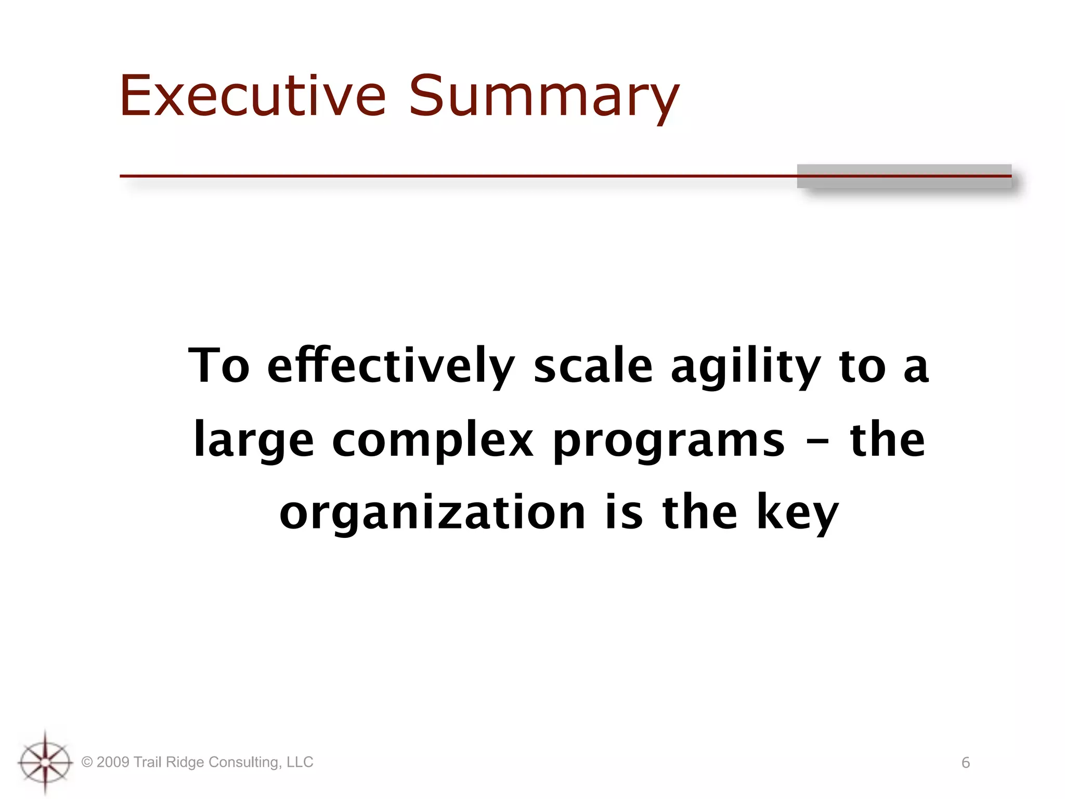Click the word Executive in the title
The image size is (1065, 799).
[x=253, y=96]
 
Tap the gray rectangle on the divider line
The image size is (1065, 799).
[x=904, y=176]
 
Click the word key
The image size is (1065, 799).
[x=797, y=513]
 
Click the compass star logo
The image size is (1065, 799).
[x=45, y=762]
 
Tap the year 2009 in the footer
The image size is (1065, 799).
[x=112, y=762]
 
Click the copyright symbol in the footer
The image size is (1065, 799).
[x=87, y=763]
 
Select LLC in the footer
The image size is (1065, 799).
[x=300, y=762]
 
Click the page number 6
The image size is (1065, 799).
[x=966, y=763]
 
